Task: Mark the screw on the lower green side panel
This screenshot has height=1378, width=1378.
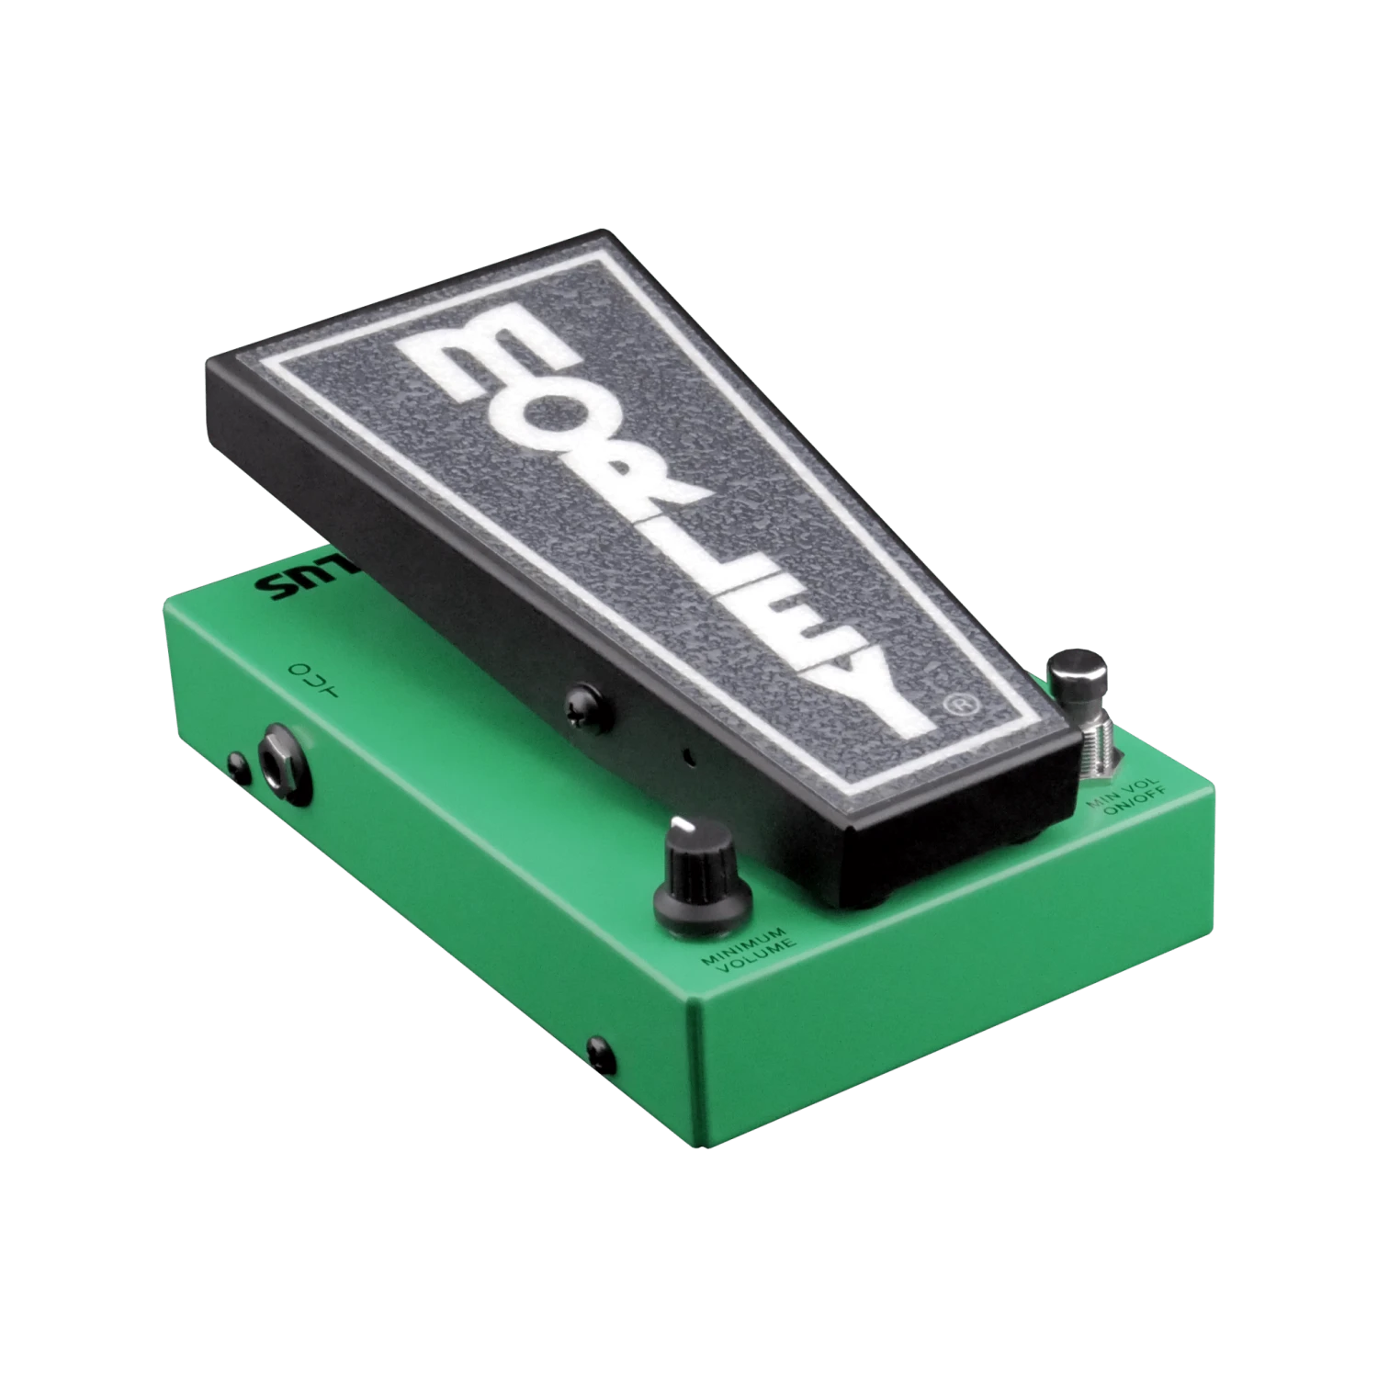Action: click(597, 1046)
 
